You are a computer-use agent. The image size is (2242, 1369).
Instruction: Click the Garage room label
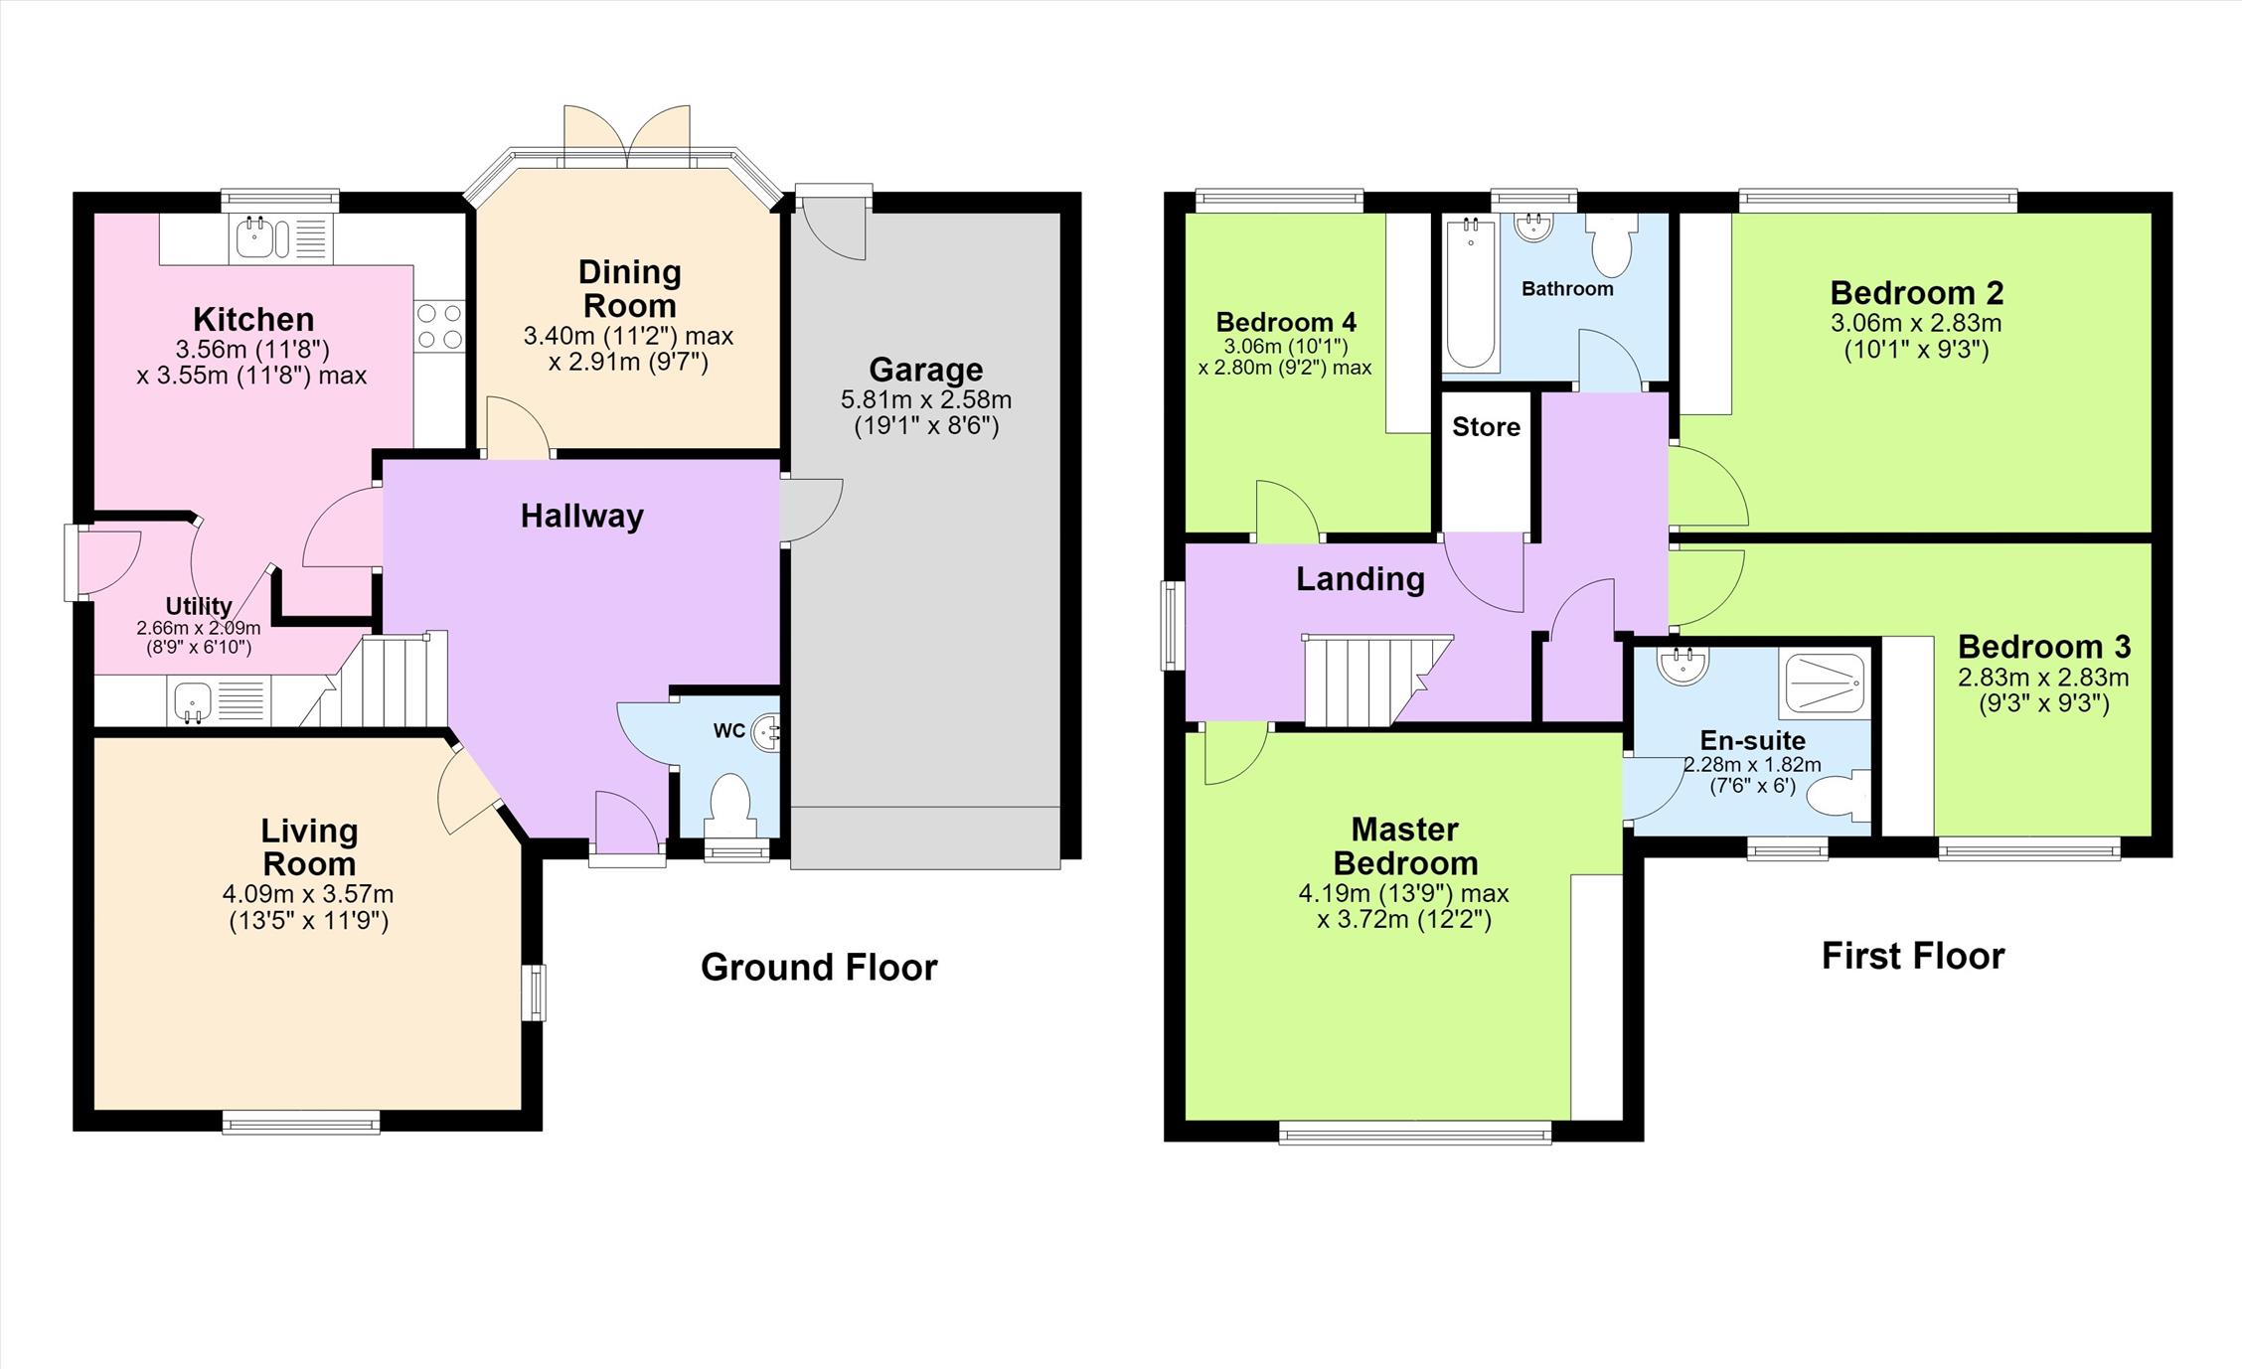(925, 370)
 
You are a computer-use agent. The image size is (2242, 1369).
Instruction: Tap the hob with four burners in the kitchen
(439, 325)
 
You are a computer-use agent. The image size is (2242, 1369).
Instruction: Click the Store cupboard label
(1486, 427)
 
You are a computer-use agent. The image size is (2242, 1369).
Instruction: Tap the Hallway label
(582, 516)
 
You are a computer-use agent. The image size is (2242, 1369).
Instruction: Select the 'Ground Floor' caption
(819, 967)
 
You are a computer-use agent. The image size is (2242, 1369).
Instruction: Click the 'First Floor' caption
(1913, 956)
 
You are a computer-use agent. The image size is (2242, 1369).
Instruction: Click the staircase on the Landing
(1376, 681)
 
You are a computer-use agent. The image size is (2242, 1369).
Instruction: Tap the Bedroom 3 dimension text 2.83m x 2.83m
(2043, 678)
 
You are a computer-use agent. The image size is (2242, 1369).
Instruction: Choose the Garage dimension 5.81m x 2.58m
(926, 400)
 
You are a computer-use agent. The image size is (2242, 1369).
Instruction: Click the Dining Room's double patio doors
(627, 134)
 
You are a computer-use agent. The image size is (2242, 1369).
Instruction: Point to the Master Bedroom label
(1405, 845)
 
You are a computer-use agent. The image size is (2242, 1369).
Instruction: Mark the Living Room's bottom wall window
(301, 1123)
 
